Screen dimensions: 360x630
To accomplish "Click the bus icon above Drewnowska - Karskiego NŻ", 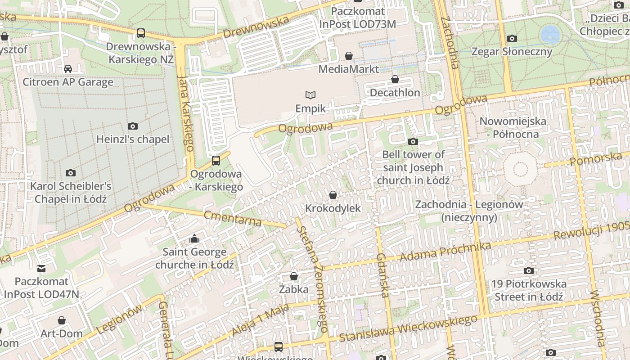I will (141, 33).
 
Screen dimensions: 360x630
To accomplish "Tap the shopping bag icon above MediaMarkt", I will (348, 56).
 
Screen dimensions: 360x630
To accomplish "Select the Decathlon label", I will (395, 93).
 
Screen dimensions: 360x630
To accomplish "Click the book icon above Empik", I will (310, 95).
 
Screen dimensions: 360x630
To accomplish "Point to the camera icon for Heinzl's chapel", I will (132, 126).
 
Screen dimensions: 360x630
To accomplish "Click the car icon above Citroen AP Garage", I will (68, 69).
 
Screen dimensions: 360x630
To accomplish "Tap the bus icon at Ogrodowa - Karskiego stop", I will (216, 160).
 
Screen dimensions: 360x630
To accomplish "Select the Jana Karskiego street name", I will (186, 112).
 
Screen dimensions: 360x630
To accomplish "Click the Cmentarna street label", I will (232, 218).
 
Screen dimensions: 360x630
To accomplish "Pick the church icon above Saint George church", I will (194, 238).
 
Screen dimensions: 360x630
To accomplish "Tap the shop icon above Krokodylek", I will (333, 195).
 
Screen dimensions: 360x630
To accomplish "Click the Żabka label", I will (293, 289).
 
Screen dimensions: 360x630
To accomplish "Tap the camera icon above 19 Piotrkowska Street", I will (529, 270).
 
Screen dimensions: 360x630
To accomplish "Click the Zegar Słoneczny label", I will (512, 51).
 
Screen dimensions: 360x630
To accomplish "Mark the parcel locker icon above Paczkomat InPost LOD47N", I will (41, 269).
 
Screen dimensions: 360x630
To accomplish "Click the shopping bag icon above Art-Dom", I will (62, 321).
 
